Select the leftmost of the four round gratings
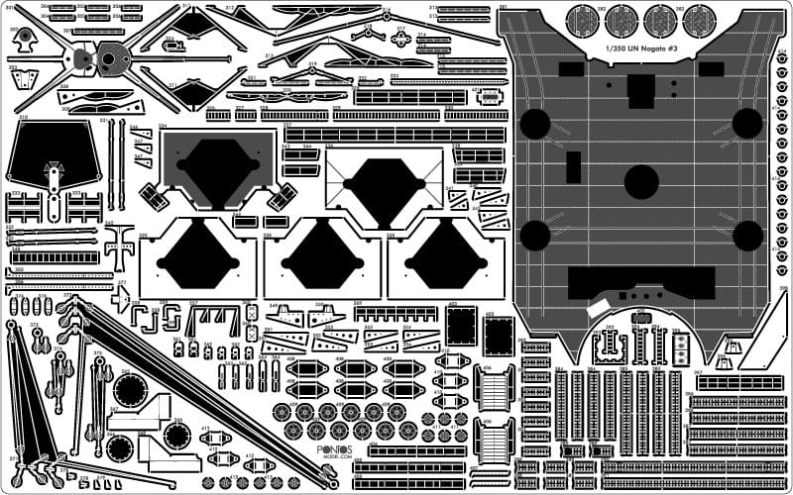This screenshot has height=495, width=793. (x=582, y=20)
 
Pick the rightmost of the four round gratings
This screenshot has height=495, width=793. (x=699, y=20)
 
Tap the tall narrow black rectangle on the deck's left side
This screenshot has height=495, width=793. (x=573, y=166)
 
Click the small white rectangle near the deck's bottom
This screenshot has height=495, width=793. (x=600, y=310)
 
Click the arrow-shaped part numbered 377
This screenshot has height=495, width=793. (x=121, y=298)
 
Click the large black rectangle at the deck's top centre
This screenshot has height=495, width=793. (x=641, y=91)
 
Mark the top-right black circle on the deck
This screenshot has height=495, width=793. (x=746, y=123)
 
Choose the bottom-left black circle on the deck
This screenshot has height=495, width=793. (x=535, y=236)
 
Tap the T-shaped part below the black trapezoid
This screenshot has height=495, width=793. (x=119, y=243)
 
